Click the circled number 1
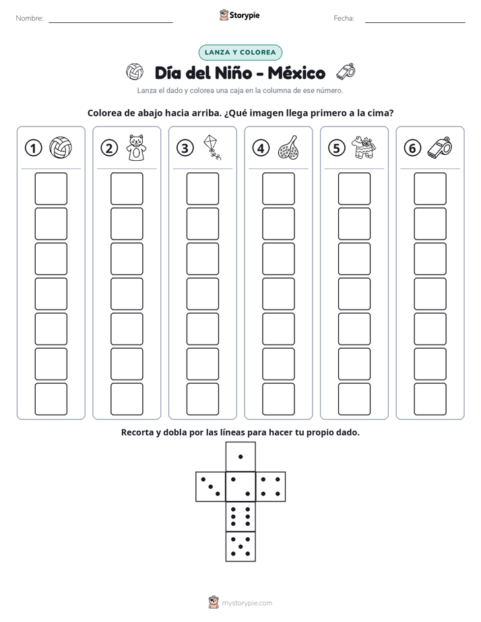(33, 148)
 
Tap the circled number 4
(261, 148)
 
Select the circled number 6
(412, 148)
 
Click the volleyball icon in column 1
(61, 147)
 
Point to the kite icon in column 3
(212, 147)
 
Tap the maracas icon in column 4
(288, 147)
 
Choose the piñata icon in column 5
(364, 147)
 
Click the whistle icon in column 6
(440, 148)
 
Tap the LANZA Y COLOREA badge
(240, 53)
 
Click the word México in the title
(296, 73)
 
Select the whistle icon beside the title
(346, 71)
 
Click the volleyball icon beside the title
(135, 72)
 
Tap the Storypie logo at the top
(239, 15)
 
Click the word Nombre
(30, 18)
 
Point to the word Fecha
(344, 18)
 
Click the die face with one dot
(241, 457)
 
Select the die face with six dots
(241, 516)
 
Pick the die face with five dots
(241, 547)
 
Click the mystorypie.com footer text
(247, 603)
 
